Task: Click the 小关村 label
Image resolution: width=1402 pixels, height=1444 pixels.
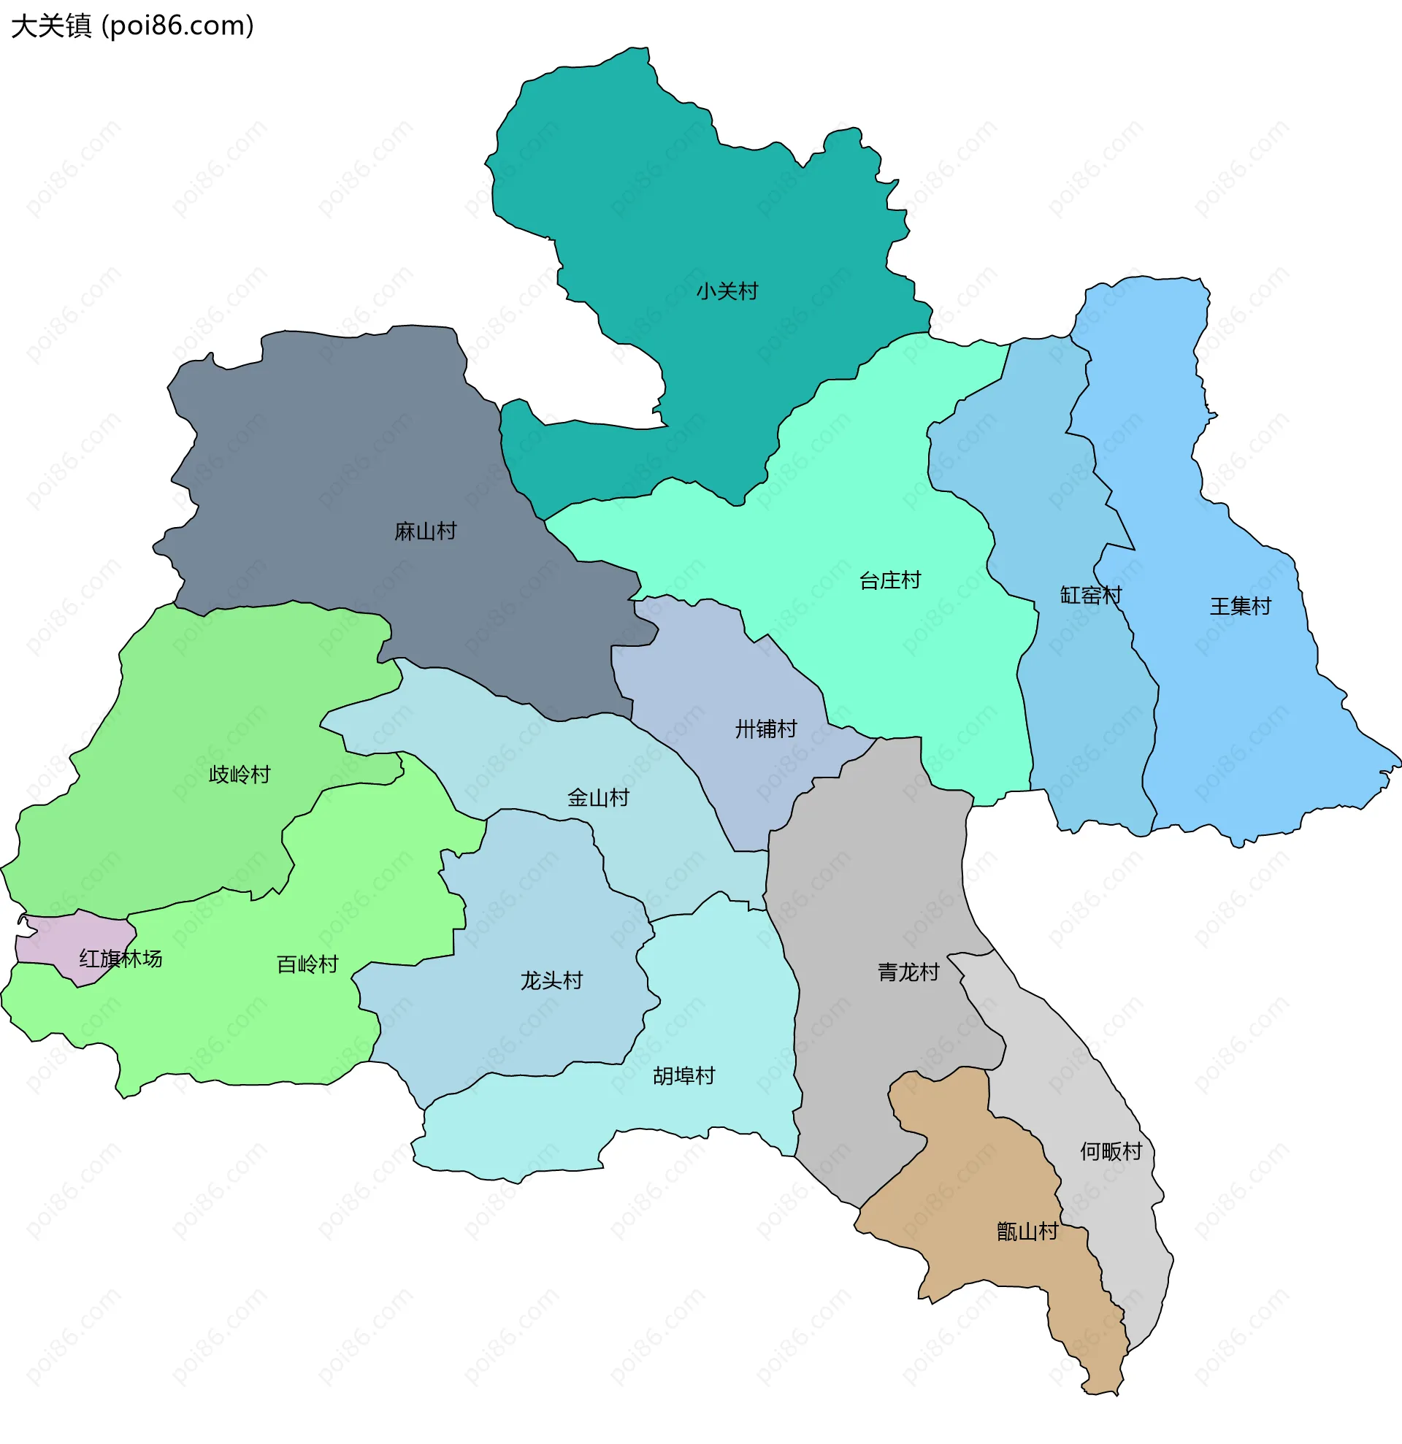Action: (727, 292)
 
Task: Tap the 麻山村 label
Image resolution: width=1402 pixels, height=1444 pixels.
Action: (425, 531)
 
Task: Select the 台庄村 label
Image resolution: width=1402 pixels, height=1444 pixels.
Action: (890, 580)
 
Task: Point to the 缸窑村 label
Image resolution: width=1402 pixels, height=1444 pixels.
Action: (1090, 595)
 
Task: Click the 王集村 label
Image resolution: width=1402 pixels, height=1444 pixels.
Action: (1240, 607)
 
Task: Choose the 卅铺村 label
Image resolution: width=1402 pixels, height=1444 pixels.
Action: (765, 729)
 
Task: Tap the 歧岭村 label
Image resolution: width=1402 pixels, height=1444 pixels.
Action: (240, 775)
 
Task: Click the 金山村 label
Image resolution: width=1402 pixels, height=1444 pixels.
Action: (598, 798)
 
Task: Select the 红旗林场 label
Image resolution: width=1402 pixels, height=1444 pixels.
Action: (120, 959)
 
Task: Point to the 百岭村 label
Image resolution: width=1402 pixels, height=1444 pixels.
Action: (307, 964)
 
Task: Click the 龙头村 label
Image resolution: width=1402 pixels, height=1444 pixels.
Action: (552, 981)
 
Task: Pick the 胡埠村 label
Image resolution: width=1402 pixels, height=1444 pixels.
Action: (683, 1076)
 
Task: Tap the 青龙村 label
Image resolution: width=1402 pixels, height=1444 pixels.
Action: (908, 972)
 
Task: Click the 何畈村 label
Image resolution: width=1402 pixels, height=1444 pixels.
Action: (1111, 1151)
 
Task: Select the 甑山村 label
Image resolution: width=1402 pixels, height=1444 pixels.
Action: (1027, 1232)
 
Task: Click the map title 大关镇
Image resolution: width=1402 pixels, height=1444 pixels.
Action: (51, 26)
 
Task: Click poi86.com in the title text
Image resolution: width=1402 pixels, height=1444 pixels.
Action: (177, 26)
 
